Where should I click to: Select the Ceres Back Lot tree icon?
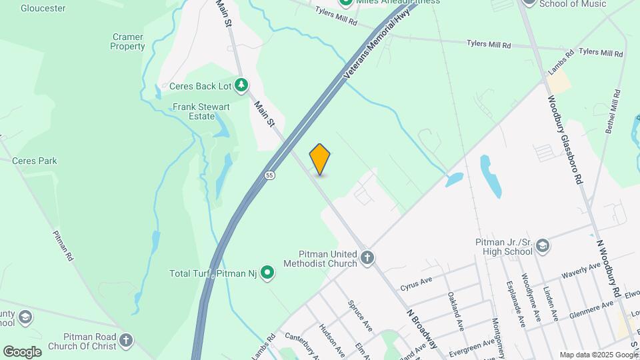pyautogui.click(x=241, y=85)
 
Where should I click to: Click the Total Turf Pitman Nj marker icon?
pyautogui.click(x=267, y=272)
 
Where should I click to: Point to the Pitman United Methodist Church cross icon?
pyautogui.click(x=367, y=258)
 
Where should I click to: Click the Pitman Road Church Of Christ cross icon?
pyautogui.click(x=127, y=342)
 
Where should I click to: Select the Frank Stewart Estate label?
pyautogui.click(x=201, y=111)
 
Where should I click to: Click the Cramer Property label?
pyautogui.click(x=128, y=42)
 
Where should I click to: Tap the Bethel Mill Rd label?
pyautogui.click(x=613, y=113)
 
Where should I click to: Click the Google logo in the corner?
pyautogui.click(x=22, y=351)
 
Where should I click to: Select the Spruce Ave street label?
pyautogui.click(x=360, y=315)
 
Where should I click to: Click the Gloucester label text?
pyautogui.click(x=43, y=9)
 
